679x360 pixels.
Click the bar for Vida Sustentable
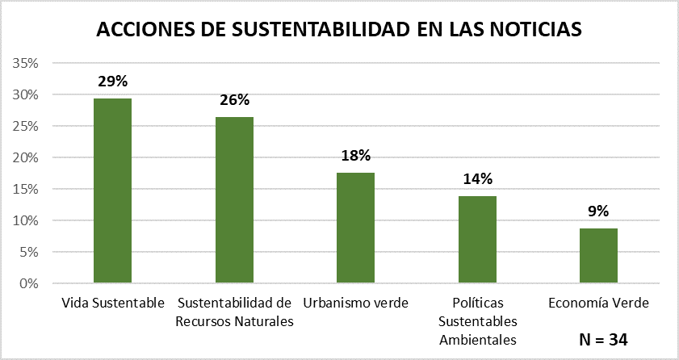point(112,190)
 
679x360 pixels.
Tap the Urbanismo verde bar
point(354,228)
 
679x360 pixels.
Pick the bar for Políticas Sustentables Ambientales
point(476,240)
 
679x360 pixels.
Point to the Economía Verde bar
point(598,256)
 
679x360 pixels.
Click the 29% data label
point(113,82)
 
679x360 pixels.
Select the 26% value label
point(234,100)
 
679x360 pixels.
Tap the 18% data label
point(355,156)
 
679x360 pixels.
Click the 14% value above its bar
point(477,179)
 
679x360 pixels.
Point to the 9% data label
point(598,211)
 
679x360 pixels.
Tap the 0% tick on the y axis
point(30,283)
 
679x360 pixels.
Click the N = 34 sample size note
point(603,340)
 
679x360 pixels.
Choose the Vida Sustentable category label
point(113,303)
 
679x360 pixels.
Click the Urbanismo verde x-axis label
point(355,303)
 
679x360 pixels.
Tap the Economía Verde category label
point(598,303)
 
